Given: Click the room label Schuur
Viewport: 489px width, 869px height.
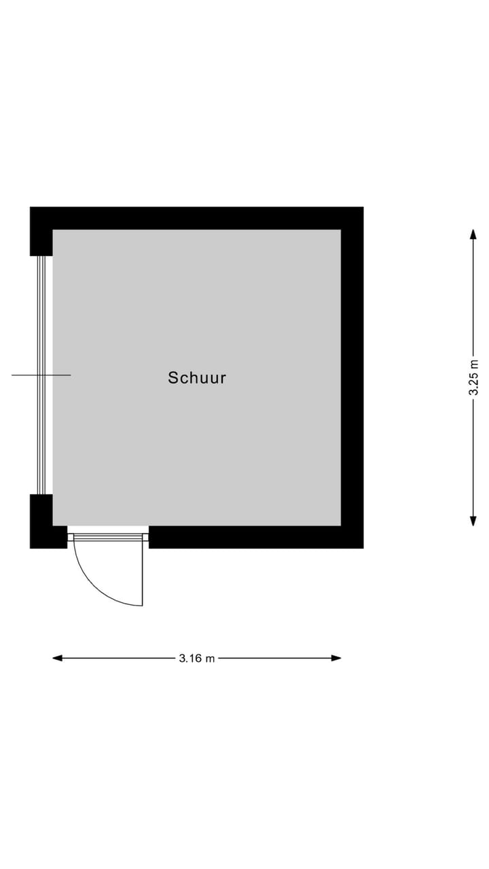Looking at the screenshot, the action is (x=197, y=378).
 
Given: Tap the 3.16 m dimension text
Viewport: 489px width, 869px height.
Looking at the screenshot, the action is (x=197, y=659).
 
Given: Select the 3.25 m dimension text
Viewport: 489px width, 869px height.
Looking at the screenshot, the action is (x=473, y=377).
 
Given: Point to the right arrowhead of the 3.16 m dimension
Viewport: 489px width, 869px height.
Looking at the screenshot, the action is (x=336, y=658).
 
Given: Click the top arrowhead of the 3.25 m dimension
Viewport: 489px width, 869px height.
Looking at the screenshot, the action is (x=473, y=235).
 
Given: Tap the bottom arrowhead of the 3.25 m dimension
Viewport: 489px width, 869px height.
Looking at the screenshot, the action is (x=473, y=521).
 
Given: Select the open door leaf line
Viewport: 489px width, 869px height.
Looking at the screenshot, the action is (x=143, y=573).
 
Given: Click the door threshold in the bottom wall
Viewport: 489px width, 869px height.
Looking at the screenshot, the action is (x=108, y=537).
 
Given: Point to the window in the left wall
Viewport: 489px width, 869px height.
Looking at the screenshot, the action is (x=41, y=375).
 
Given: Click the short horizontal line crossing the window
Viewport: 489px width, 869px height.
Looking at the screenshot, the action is (x=41, y=375).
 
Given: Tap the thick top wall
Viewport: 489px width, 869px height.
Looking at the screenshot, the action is (x=197, y=218).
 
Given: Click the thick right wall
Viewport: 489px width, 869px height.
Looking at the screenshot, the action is (x=352, y=377).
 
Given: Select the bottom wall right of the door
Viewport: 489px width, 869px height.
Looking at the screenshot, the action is (x=256, y=537).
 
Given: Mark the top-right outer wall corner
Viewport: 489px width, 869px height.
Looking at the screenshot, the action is (x=363, y=207).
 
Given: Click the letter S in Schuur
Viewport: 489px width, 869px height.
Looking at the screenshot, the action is (x=173, y=378).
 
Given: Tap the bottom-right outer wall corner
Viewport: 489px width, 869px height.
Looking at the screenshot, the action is (x=363, y=548).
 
